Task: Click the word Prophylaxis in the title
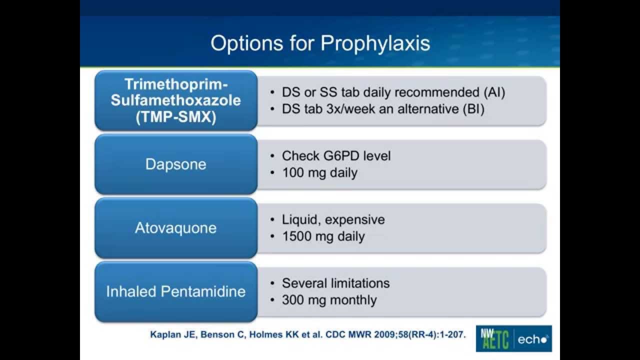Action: [375, 43]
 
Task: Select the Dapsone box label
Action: [175, 164]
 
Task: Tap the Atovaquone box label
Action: [175, 228]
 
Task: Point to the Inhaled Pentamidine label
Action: [175, 291]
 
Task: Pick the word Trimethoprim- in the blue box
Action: [175, 84]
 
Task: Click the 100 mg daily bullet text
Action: [319, 173]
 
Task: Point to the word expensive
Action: [356, 219]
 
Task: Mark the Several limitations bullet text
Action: [335, 283]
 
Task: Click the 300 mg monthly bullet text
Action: [329, 300]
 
